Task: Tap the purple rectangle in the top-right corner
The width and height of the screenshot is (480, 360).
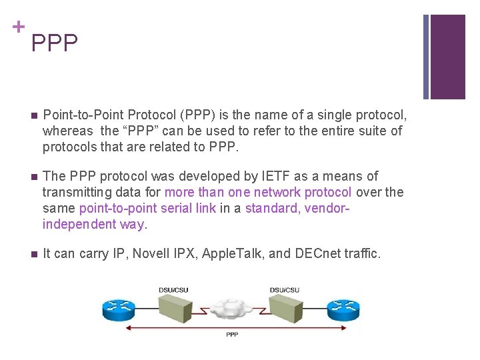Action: [x=447, y=57]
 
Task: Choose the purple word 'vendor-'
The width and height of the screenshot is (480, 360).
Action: [x=324, y=208]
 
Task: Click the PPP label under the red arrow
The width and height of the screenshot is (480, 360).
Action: [x=232, y=334]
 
